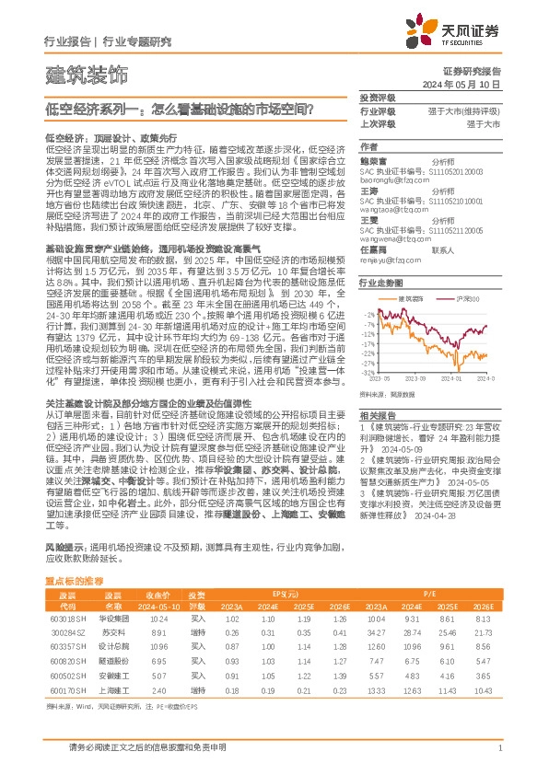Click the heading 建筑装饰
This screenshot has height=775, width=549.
coord(87,72)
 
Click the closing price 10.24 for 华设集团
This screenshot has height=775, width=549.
coord(158,620)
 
